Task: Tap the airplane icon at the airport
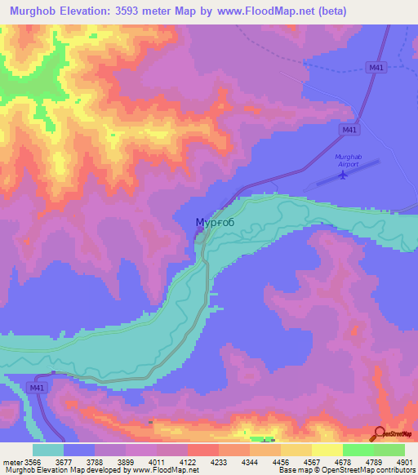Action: pyautogui.click(x=343, y=174)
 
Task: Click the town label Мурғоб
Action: pyautogui.click(x=215, y=223)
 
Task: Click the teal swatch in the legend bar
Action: pyautogui.click(x=48, y=450)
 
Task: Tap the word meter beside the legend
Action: pyautogui.click(x=11, y=461)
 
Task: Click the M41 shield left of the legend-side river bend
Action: pyautogui.click(x=36, y=387)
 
